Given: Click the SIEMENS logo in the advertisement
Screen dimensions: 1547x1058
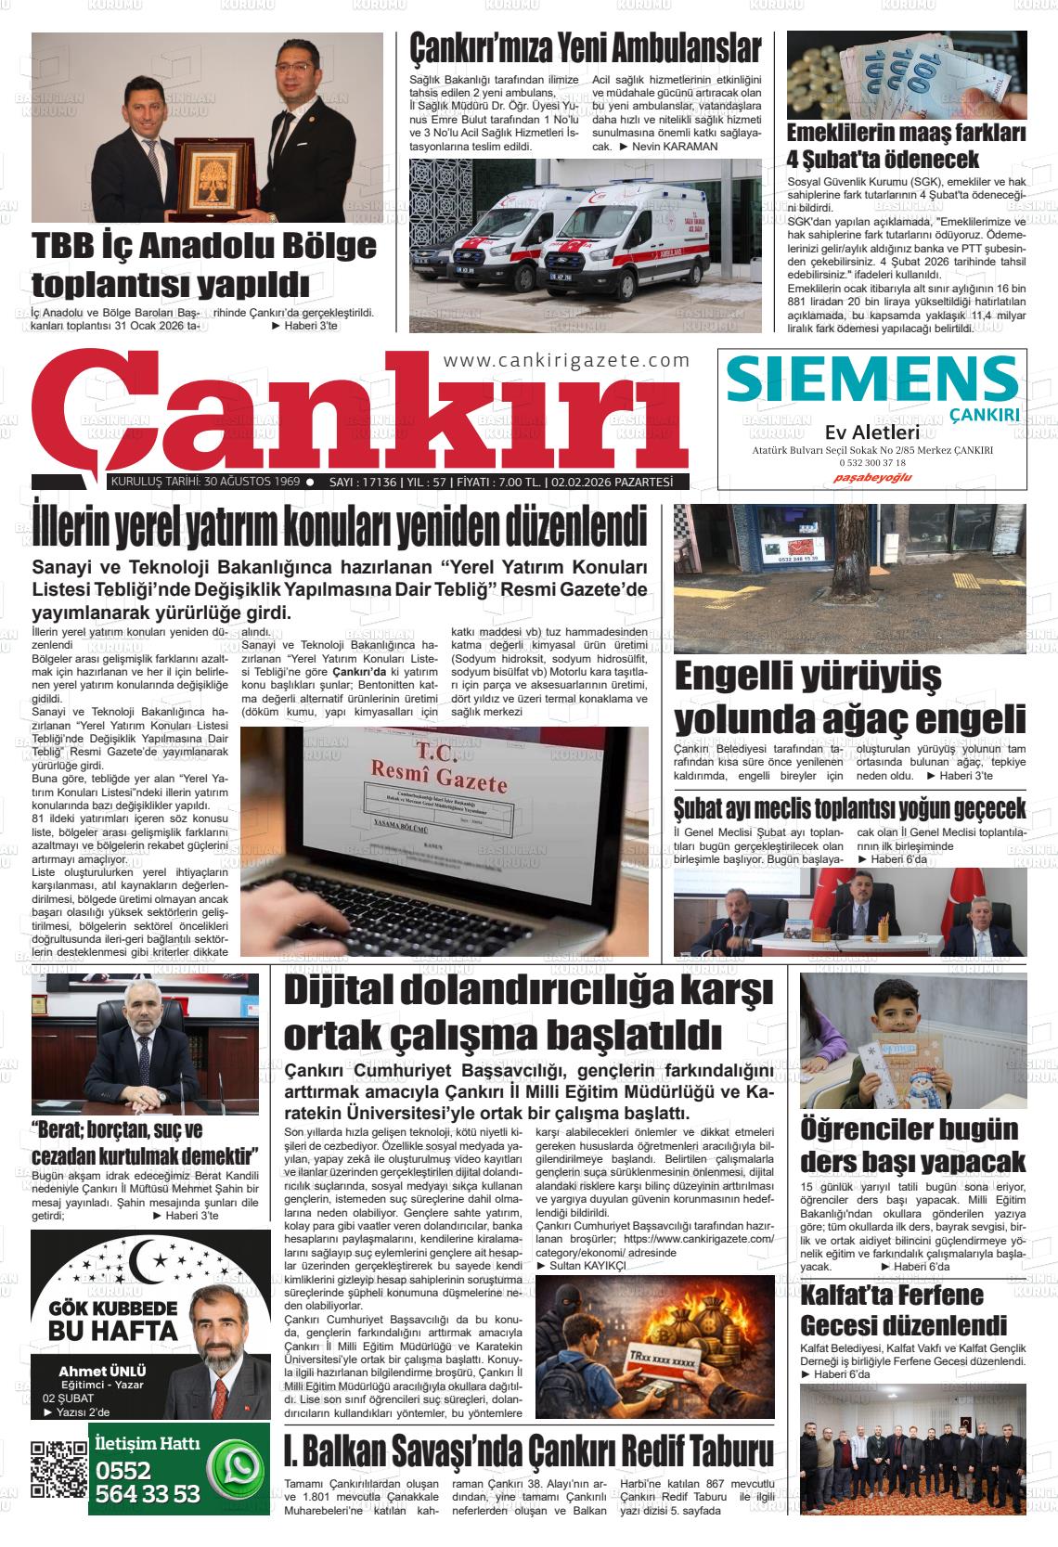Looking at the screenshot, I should pos(872,380).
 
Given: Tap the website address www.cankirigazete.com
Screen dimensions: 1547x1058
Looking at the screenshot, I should pos(566,360).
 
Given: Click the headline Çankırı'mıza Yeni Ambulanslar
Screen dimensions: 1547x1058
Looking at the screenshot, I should pos(586,48).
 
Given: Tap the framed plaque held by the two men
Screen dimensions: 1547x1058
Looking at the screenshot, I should pos(210,174).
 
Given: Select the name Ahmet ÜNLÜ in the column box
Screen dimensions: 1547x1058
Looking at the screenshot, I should pos(102,1372).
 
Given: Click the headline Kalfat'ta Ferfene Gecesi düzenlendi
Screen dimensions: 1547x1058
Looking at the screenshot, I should pos(904,1309).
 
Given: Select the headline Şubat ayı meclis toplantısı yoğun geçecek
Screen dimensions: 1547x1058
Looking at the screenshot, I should pos(849,806).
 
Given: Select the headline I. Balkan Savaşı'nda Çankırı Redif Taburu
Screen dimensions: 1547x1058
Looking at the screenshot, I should pos(528,1449).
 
